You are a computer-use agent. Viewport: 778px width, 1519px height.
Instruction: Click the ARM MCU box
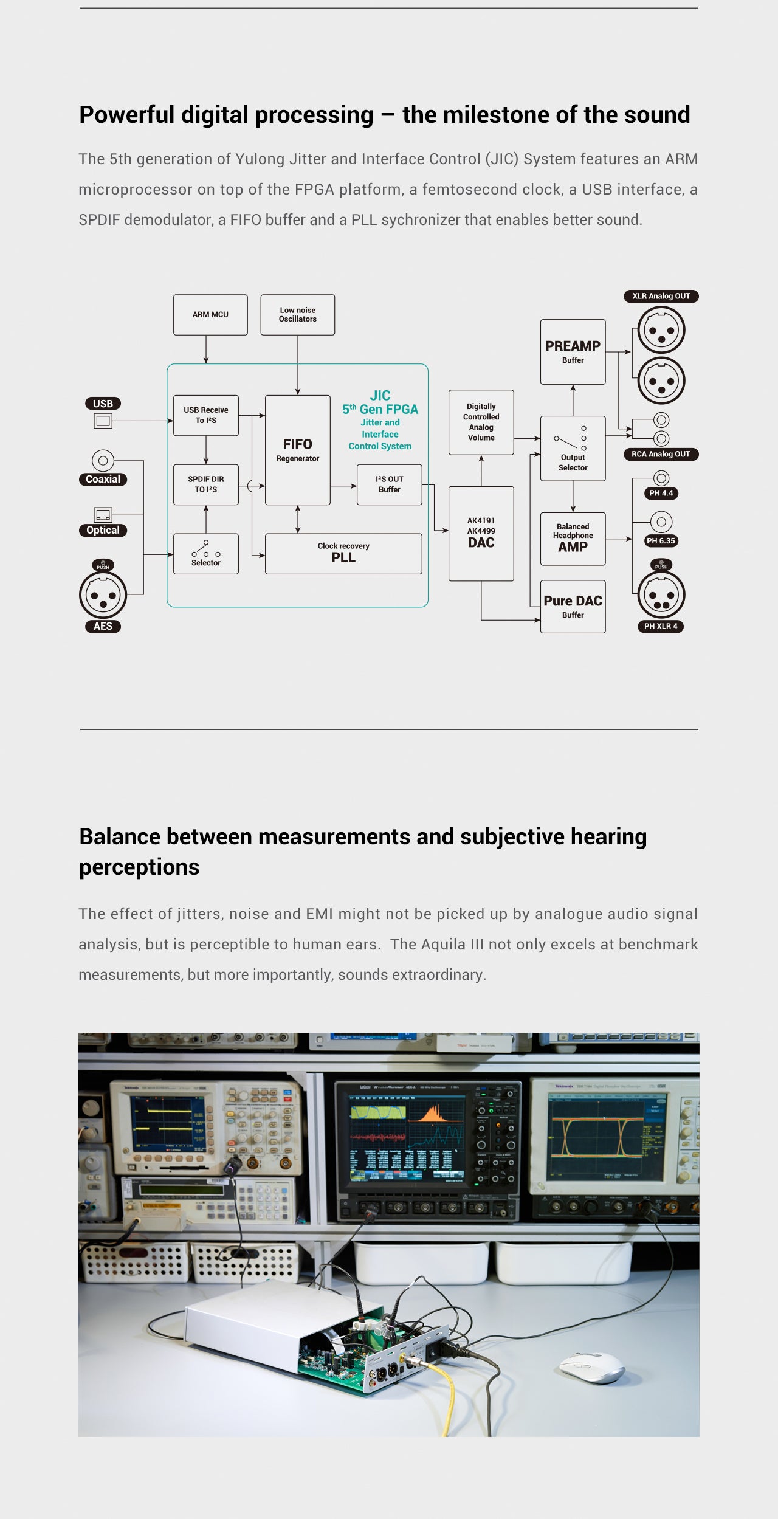pyautogui.click(x=210, y=315)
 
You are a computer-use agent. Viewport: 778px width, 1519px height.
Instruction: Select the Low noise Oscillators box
pyautogui.click(x=297, y=315)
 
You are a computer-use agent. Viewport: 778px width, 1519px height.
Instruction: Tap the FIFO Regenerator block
pyautogui.click(x=297, y=450)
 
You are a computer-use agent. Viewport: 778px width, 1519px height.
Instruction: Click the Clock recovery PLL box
pyautogui.click(x=343, y=554)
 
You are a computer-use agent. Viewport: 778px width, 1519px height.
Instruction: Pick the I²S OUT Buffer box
pyautogui.click(x=389, y=484)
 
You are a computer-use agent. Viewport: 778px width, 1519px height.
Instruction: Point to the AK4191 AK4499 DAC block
pyautogui.click(x=481, y=533)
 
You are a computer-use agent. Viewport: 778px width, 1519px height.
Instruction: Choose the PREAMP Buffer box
pyautogui.click(x=573, y=351)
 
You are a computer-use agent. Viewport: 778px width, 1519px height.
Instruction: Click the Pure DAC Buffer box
pyautogui.click(x=573, y=606)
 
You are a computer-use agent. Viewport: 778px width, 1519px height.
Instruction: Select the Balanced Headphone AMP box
pyautogui.click(x=573, y=539)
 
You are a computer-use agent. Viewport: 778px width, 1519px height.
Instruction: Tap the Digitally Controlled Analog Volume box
pyautogui.click(x=481, y=422)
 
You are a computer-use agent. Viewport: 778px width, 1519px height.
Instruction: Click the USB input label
pyautogui.click(x=103, y=404)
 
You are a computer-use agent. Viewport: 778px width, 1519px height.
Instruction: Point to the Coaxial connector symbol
pyautogui.click(x=103, y=461)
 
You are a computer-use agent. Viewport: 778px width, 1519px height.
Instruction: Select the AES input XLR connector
pyautogui.click(x=103, y=595)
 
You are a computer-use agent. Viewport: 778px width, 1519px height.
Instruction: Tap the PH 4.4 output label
pyautogui.click(x=661, y=493)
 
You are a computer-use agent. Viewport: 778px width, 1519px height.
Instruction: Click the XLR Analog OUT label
pyautogui.click(x=661, y=296)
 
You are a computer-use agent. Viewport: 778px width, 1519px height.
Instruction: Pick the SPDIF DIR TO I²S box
pyautogui.click(x=205, y=484)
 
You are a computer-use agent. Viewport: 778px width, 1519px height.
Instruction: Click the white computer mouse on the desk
pyautogui.click(x=591, y=1367)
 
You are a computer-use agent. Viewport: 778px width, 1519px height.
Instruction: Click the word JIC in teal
pyautogui.click(x=380, y=395)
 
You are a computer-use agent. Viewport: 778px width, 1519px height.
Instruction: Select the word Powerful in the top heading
pyautogui.click(x=126, y=115)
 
